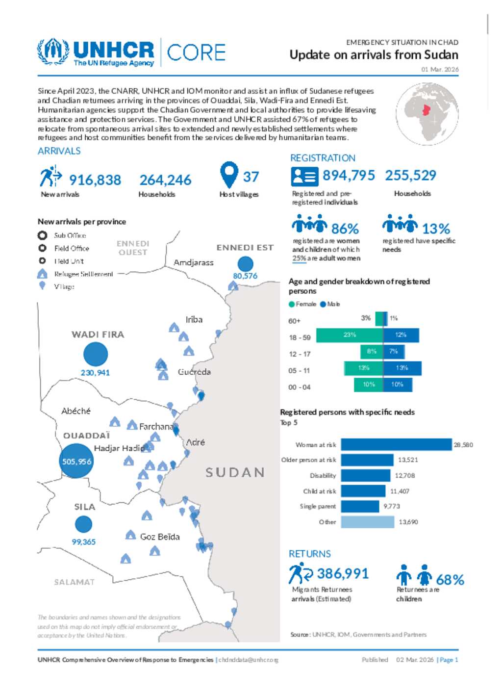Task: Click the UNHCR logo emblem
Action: (x=53, y=51)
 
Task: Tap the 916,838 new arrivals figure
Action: (x=95, y=180)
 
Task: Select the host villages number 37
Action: (x=251, y=177)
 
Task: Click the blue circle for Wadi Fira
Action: (x=96, y=354)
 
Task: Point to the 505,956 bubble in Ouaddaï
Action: (x=76, y=461)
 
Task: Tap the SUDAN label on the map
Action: (x=235, y=472)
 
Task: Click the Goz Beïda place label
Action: (x=160, y=537)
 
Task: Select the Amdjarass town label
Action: (x=194, y=262)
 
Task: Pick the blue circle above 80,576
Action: (x=245, y=263)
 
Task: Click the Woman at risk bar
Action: (x=396, y=444)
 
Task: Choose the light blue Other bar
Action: (x=367, y=522)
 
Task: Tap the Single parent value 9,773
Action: (x=392, y=506)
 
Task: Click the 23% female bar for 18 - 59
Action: (x=349, y=335)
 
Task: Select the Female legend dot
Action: (x=292, y=304)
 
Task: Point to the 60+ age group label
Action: (x=294, y=321)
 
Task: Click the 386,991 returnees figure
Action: (x=343, y=573)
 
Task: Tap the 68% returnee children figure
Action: (x=450, y=580)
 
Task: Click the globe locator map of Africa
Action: (x=427, y=114)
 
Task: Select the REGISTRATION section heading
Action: (x=323, y=158)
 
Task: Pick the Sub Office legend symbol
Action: (x=43, y=235)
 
